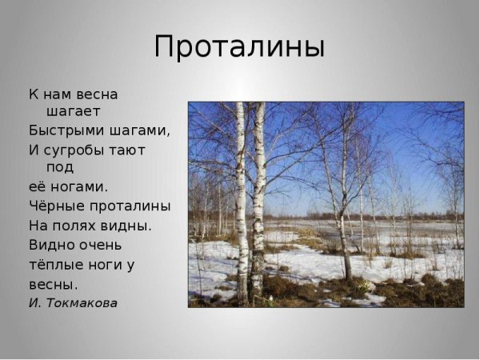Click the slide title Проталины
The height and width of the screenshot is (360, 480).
click(x=239, y=46)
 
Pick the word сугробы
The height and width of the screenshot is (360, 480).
click(x=81, y=150)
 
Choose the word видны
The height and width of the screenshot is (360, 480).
click(x=127, y=226)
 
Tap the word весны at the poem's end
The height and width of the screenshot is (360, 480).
click(x=53, y=284)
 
